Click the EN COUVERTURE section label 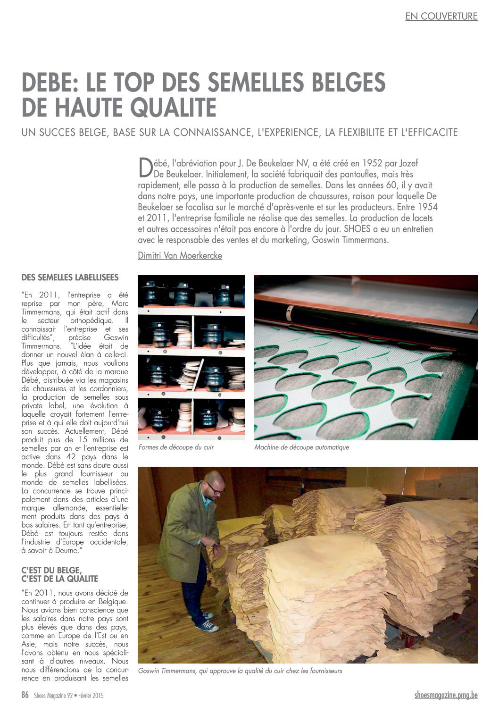click(441, 16)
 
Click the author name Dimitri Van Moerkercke click(180, 255)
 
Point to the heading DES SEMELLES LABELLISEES click(70, 277)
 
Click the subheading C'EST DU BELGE click(51, 571)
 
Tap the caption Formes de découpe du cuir click(176, 447)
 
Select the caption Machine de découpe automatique click(301, 447)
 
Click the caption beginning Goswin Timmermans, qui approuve click(240, 671)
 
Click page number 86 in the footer click(25, 695)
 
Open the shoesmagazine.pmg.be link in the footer click(446, 695)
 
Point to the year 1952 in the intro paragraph click(372, 163)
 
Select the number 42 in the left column click(71, 457)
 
